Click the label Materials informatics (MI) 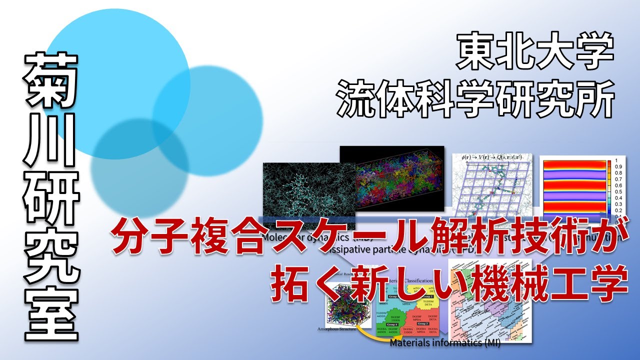(445, 343)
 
